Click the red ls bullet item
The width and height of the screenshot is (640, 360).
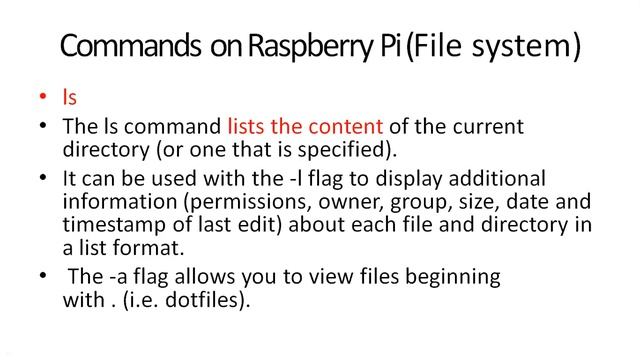69,100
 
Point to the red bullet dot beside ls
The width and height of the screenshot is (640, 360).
42,101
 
